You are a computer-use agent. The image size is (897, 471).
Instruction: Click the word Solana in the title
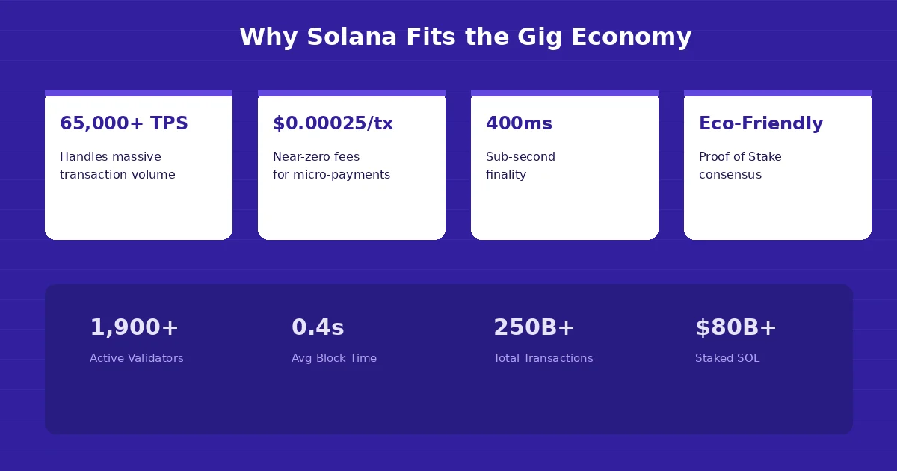(x=351, y=37)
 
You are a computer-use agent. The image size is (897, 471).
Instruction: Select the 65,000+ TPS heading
(x=124, y=123)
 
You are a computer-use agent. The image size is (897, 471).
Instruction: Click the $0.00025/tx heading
(x=333, y=123)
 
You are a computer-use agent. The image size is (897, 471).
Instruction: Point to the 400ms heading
(x=519, y=123)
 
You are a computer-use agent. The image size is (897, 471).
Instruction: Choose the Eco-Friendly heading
(x=761, y=123)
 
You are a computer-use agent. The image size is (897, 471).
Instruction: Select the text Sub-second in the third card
(x=520, y=157)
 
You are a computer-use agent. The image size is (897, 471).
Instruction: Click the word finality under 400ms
(x=506, y=175)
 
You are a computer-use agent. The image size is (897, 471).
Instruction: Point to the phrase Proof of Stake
(x=740, y=157)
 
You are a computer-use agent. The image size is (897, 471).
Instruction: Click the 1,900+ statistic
(x=135, y=327)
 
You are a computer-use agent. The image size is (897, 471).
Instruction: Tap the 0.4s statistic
(x=318, y=327)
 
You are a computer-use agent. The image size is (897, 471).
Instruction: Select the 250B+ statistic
(x=534, y=327)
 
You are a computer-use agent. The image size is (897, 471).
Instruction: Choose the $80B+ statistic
(x=736, y=327)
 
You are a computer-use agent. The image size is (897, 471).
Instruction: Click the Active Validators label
(x=136, y=358)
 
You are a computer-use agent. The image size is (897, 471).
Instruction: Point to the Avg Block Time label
(x=334, y=358)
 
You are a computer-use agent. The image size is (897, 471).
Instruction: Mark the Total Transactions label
(x=543, y=358)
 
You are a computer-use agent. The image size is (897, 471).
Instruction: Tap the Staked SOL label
(x=727, y=358)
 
